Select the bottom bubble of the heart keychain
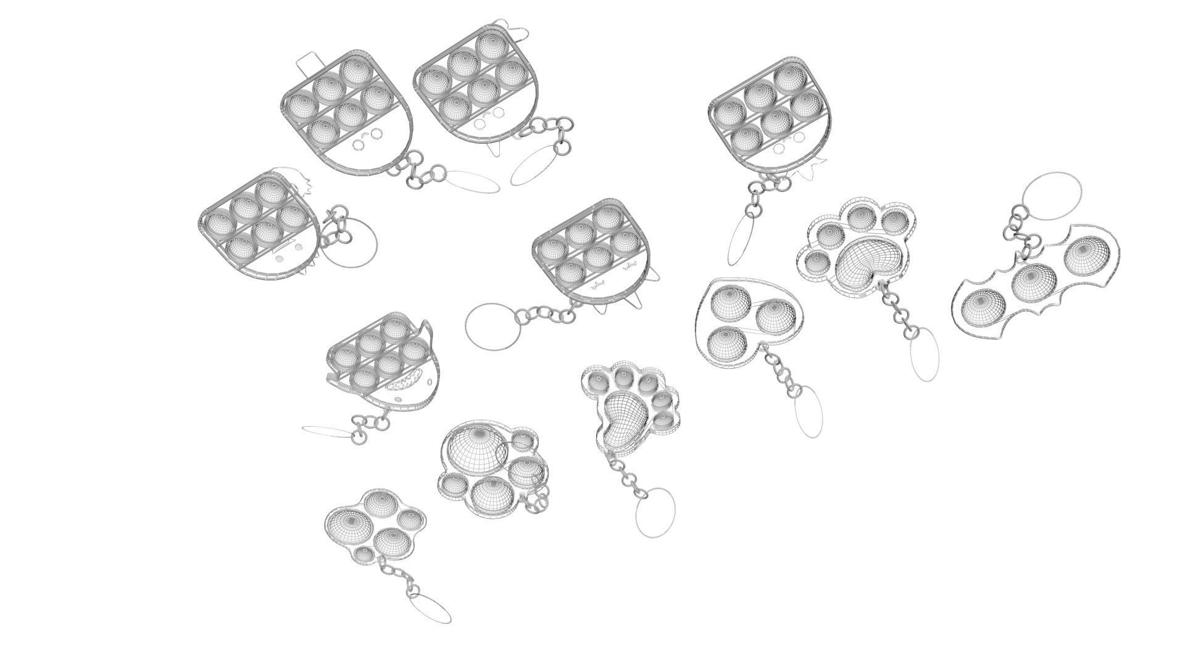tap(723, 344)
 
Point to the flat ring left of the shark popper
tap(327, 431)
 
